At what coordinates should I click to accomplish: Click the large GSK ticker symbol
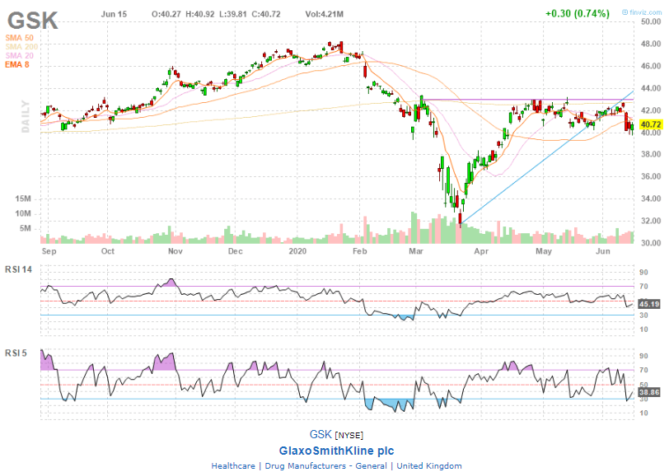pyautogui.click(x=34, y=20)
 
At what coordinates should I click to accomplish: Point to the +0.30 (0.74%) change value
pyautogui.click(x=577, y=13)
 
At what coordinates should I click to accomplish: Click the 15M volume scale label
pyautogui.click(x=23, y=199)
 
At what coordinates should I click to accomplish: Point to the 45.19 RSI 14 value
pyautogui.click(x=650, y=303)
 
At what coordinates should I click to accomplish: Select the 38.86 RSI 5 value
pyautogui.click(x=650, y=395)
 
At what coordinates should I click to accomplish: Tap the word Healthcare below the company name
pyautogui.click(x=233, y=465)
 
